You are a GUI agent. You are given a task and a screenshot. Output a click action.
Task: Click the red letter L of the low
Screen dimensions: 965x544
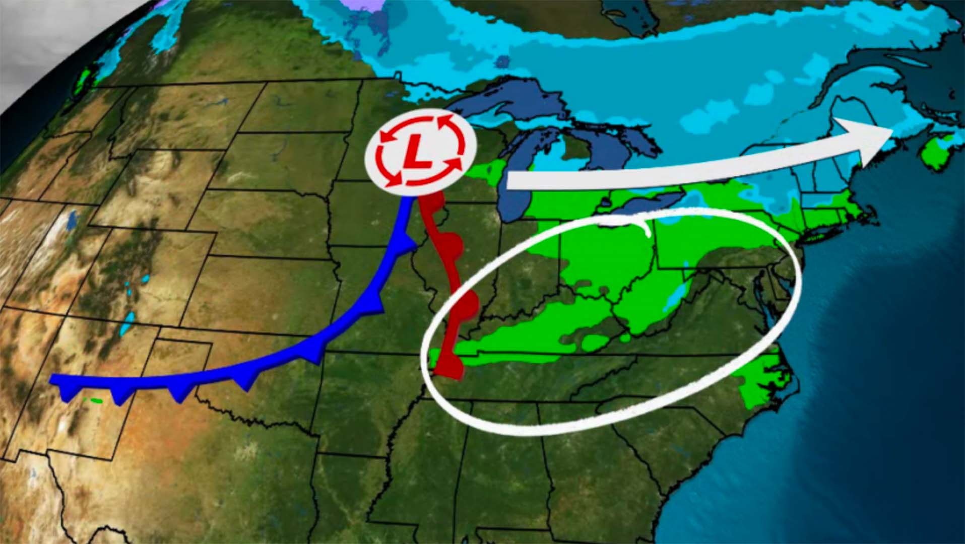(416, 153)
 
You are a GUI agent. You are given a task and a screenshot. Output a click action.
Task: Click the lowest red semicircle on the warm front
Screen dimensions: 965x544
(455, 366)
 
